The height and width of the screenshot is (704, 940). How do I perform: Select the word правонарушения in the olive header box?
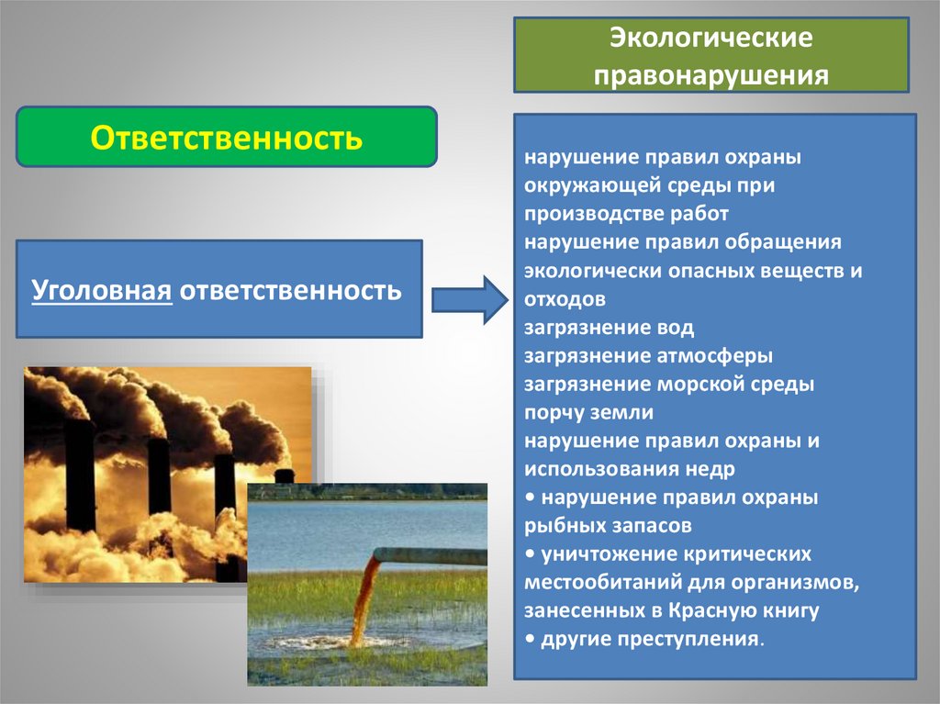click(x=711, y=73)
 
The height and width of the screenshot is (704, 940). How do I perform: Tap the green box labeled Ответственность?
click(x=227, y=138)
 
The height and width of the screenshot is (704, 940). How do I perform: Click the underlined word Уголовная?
click(x=102, y=291)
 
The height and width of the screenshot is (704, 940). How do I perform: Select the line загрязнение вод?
click(x=610, y=327)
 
